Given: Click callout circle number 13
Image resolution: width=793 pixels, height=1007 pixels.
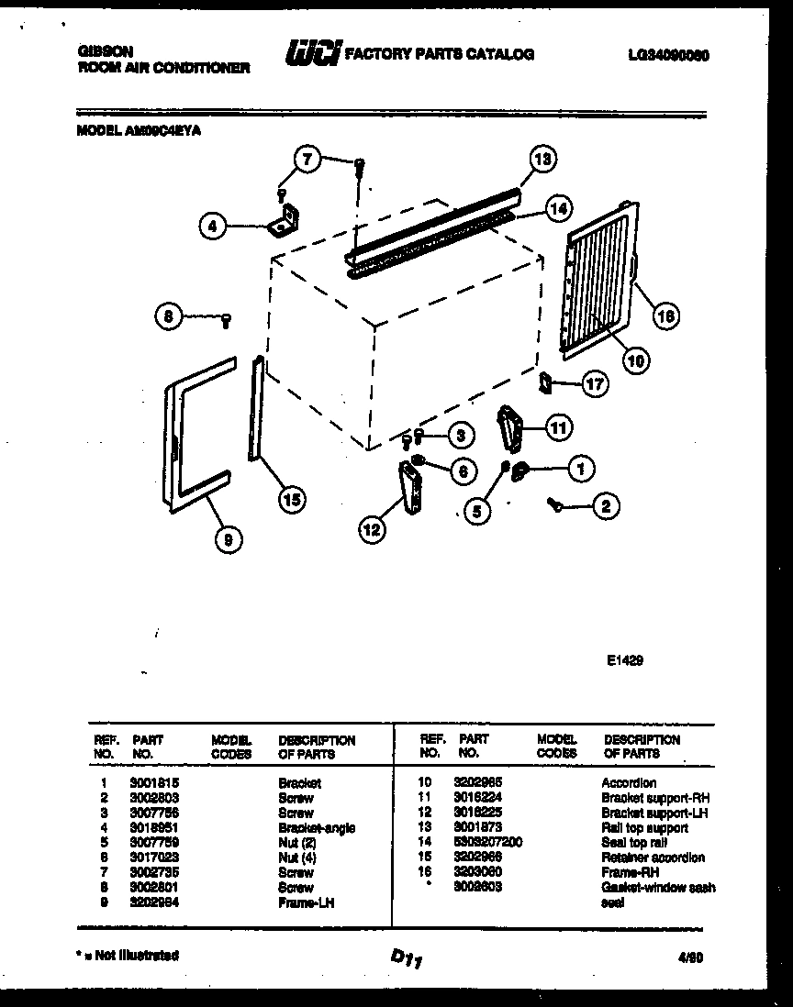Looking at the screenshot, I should click(x=543, y=159).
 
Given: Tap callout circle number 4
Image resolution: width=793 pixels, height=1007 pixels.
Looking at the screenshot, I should click(x=212, y=225).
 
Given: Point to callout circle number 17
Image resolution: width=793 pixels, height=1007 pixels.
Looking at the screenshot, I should click(x=596, y=383).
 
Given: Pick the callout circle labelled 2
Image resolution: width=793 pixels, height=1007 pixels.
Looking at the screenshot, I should click(x=606, y=503).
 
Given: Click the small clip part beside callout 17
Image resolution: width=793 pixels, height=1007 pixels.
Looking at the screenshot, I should click(x=545, y=381).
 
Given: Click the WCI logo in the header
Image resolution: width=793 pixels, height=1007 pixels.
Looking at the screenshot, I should click(x=313, y=54).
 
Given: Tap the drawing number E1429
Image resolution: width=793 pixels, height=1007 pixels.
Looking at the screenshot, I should click(x=623, y=657).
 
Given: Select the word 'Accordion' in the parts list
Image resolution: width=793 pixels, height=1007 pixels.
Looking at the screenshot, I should click(x=629, y=783).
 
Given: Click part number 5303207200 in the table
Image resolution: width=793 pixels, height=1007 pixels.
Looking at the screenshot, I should click(x=488, y=842).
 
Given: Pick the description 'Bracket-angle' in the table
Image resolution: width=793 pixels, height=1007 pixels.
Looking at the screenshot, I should click(x=317, y=827).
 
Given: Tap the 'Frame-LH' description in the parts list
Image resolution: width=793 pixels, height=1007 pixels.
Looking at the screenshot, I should click(x=306, y=902).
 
